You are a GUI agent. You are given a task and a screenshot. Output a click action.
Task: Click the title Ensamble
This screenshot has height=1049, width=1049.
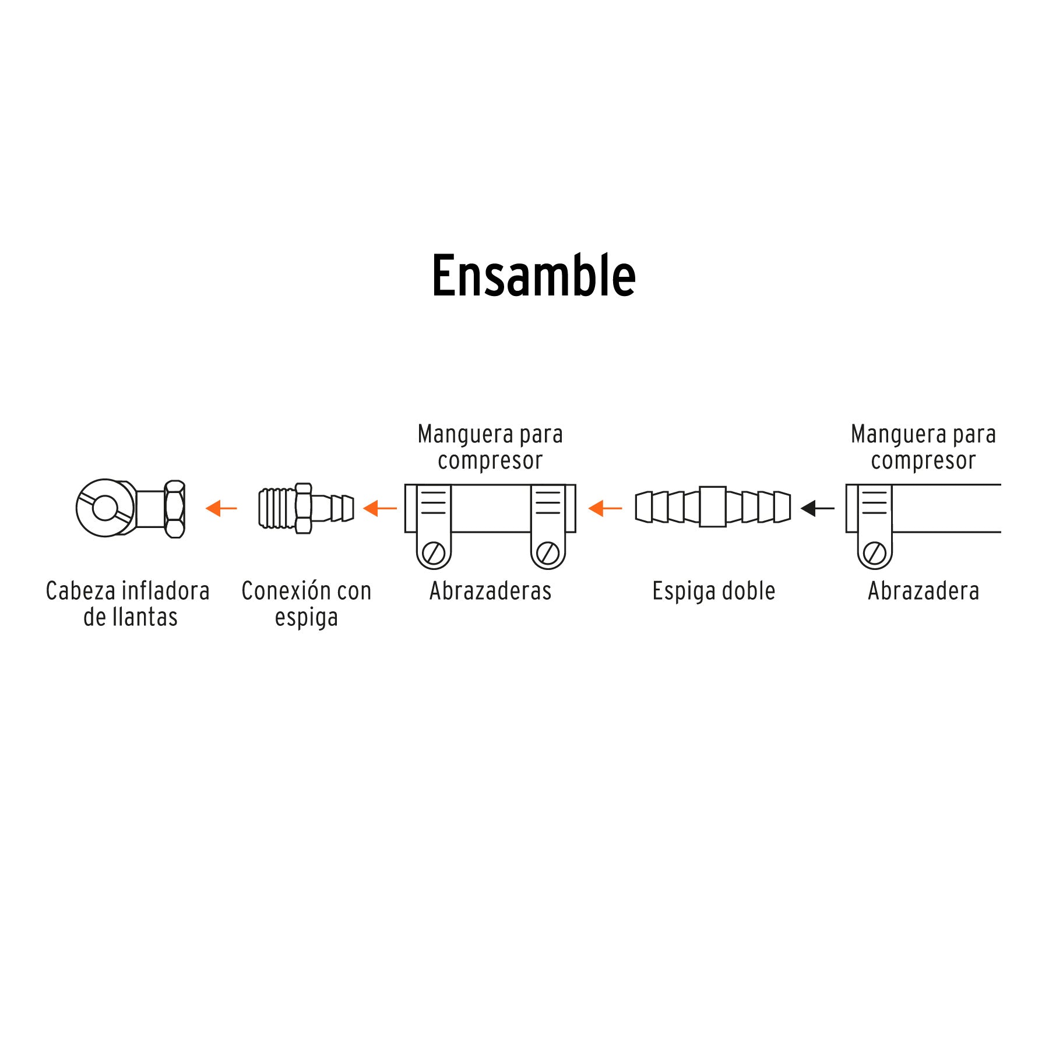(x=533, y=276)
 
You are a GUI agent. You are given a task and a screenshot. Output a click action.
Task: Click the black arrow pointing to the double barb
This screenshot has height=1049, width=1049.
(x=817, y=508)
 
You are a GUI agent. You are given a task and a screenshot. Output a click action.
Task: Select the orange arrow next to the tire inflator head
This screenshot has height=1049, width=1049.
(x=221, y=508)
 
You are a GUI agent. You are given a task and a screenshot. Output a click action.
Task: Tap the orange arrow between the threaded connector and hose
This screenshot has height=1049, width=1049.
(x=379, y=508)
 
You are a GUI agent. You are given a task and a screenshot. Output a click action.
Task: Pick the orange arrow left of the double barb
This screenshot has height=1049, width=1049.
(x=605, y=508)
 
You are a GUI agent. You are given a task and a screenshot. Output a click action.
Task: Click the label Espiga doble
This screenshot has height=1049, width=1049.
(x=713, y=591)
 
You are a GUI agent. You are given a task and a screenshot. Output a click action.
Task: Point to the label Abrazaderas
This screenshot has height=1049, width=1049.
(x=490, y=591)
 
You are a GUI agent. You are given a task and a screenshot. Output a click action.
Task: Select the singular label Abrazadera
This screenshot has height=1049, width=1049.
(x=923, y=591)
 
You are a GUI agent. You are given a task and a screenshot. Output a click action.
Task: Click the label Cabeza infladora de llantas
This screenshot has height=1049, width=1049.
(x=128, y=604)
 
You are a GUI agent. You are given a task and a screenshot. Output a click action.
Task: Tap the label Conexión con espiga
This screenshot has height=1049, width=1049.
(x=307, y=604)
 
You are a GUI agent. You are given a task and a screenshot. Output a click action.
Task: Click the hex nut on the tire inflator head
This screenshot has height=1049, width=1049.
(x=175, y=508)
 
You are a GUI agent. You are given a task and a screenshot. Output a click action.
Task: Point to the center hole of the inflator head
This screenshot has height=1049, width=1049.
(x=105, y=508)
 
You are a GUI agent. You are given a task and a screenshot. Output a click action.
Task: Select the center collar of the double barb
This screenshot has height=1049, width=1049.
(x=712, y=506)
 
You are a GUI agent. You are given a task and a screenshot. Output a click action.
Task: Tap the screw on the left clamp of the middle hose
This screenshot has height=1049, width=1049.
(x=434, y=552)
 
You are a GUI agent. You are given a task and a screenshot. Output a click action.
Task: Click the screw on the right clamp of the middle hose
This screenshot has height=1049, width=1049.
(x=548, y=552)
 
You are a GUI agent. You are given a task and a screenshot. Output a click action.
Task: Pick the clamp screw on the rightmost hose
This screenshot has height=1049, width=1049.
(x=874, y=552)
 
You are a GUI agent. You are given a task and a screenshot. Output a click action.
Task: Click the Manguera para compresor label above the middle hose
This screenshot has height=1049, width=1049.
(x=490, y=447)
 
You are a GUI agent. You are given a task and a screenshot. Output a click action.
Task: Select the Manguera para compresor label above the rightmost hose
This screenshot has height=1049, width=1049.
(x=923, y=447)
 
